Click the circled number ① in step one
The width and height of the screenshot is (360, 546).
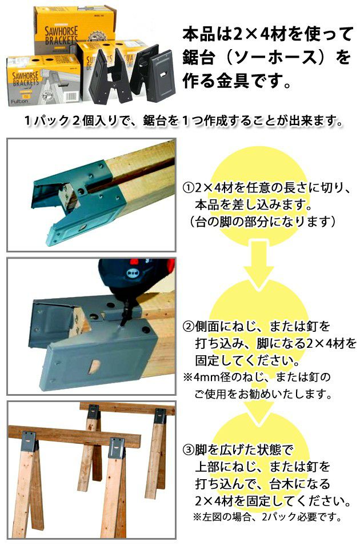point(189,188)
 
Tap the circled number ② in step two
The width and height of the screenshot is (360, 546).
point(189,326)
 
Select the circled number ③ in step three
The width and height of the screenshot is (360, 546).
point(189,450)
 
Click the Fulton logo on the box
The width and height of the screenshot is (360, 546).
point(19,101)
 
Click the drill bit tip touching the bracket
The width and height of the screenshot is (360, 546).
point(122,326)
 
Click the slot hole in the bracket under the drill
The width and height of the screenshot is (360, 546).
point(93,366)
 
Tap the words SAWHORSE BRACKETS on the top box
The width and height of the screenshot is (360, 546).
point(61,35)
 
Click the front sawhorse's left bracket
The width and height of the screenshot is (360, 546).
point(30,441)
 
